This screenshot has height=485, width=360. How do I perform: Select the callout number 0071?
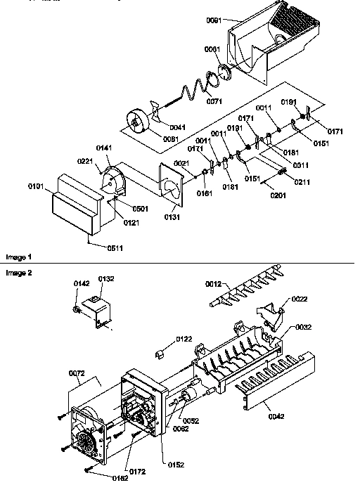[215, 102]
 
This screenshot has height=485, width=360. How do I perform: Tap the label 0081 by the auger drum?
[172, 139]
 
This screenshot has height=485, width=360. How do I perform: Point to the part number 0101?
[37, 186]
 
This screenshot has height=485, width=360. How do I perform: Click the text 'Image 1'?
[19, 257]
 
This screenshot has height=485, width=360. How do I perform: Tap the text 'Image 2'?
[19, 271]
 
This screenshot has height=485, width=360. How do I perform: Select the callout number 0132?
[105, 279]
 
